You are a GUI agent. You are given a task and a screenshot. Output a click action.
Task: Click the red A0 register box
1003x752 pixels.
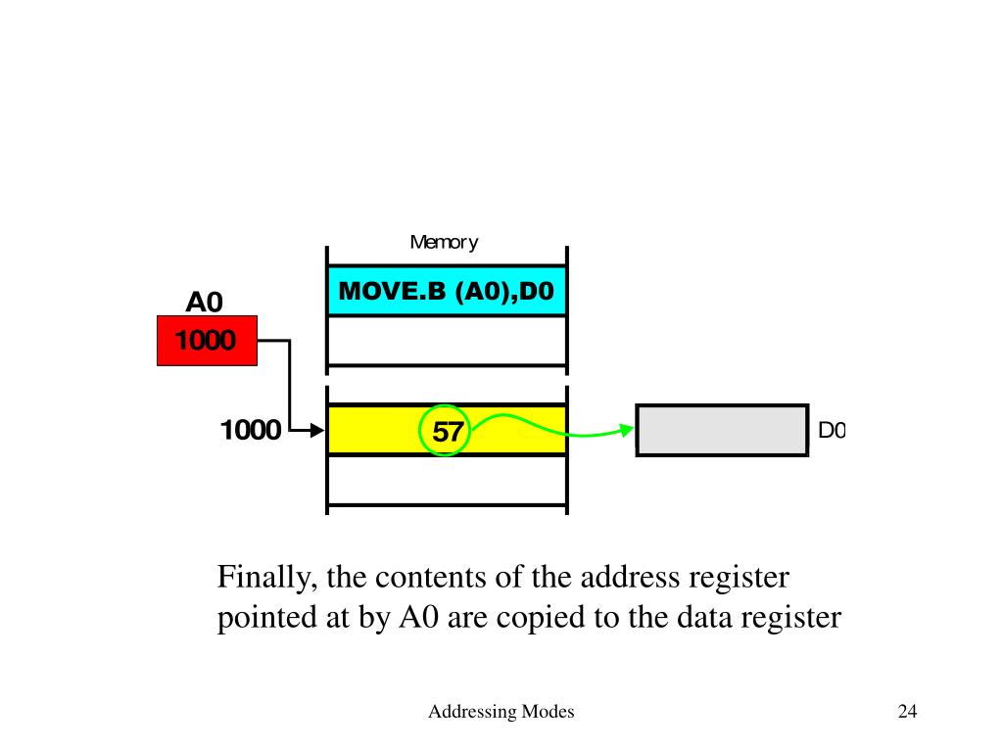click(x=207, y=340)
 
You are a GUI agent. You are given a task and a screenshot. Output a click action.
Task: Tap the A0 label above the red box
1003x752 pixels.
click(x=206, y=302)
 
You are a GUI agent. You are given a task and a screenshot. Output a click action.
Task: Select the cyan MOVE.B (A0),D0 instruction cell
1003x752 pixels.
click(x=447, y=291)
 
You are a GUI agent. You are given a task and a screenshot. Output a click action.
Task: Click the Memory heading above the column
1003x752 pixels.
click(x=444, y=242)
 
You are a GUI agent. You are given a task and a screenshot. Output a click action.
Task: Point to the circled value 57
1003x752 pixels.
click(x=446, y=431)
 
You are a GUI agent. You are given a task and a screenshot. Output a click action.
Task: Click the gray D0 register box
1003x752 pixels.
click(x=722, y=430)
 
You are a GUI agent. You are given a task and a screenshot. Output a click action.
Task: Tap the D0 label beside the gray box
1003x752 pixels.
click(x=831, y=430)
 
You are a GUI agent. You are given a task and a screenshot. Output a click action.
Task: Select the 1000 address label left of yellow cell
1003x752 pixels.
click(x=251, y=430)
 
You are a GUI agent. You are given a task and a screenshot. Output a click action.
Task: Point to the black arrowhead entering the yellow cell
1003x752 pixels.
click(x=315, y=430)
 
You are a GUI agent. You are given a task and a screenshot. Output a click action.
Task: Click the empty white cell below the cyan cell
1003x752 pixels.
click(x=447, y=340)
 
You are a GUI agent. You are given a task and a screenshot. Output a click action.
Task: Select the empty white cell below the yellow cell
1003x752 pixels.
click(x=447, y=480)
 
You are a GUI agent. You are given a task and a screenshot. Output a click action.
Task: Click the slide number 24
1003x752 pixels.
click(x=907, y=712)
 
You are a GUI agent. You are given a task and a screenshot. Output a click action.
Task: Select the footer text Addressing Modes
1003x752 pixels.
click(x=501, y=712)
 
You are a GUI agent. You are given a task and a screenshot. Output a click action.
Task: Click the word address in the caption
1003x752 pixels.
click(x=621, y=578)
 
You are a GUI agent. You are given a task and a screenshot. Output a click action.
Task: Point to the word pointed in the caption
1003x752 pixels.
click(x=264, y=619)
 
